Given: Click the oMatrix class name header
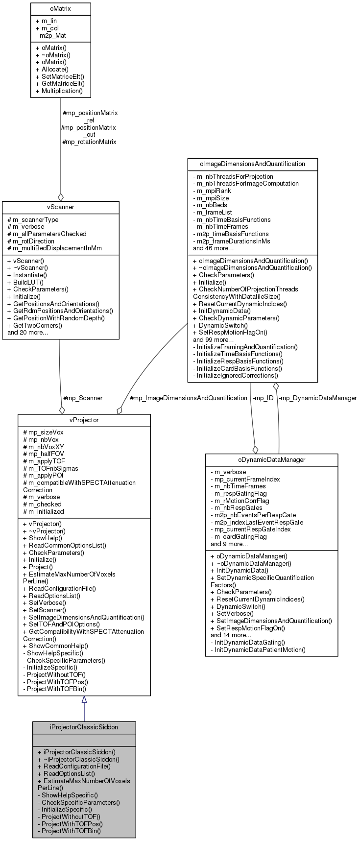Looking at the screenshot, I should (x=60, y=9).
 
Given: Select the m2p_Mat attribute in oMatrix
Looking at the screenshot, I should (x=50, y=36).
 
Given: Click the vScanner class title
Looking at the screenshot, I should (x=60, y=207).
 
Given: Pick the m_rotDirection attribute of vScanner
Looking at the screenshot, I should (x=31, y=241).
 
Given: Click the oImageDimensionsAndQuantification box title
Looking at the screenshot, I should (x=252, y=164).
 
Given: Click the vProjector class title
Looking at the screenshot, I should (x=84, y=420).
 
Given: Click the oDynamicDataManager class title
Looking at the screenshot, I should (x=271, y=459).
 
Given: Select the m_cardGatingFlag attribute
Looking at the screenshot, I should (x=239, y=536).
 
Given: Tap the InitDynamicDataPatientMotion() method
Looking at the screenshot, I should (x=258, y=649).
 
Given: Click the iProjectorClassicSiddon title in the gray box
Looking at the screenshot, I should (x=84, y=727).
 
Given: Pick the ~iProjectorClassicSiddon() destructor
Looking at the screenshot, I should (x=78, y=759).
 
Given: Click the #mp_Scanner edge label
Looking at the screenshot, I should (x=83, y=398).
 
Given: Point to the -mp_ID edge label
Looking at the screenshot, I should (x=263, y=398).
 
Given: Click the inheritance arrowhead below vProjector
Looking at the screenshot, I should (x=84, y=700).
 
